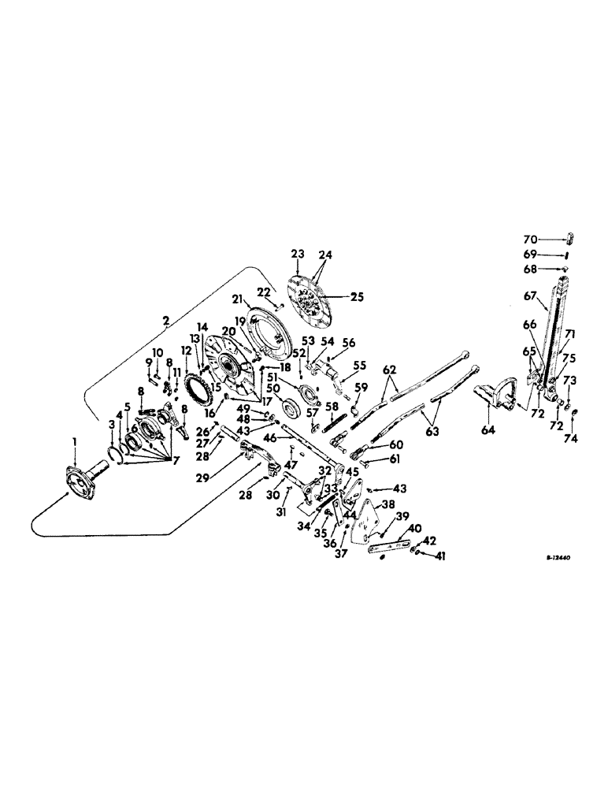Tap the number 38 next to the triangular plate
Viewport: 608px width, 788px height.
pos(388,505)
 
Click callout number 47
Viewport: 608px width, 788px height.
pos(288,463)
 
